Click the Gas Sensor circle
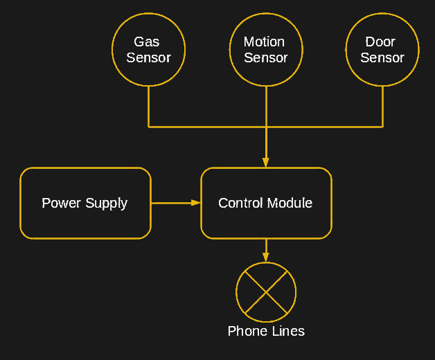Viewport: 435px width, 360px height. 148,50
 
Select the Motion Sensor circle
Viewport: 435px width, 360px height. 265,50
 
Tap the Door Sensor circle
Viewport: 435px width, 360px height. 382,50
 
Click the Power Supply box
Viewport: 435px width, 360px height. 85,203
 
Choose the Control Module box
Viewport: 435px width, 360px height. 265,203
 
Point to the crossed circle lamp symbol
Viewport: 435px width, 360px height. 266,292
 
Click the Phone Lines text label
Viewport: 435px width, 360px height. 266,331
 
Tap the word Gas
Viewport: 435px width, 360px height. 147,42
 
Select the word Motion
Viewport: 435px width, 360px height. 264,42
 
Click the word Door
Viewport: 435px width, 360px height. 380,42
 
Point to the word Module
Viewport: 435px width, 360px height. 290,203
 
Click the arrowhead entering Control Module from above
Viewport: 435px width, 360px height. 266,163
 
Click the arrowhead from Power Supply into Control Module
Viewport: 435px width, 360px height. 196,203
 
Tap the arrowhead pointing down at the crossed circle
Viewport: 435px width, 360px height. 266,258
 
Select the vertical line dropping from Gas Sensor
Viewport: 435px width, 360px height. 148,107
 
